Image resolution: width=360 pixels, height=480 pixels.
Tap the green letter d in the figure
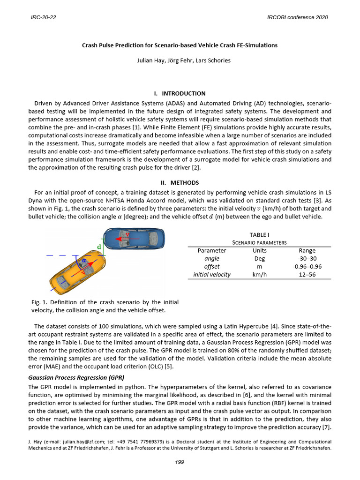point(99,247)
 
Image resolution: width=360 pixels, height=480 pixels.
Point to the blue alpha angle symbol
point(84,260)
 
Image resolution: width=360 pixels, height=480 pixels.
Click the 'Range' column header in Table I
point(307,250)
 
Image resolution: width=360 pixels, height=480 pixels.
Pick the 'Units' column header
point(259,250)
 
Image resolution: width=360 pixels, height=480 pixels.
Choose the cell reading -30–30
point(307,258)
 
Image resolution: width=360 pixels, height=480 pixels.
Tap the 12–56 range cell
point(307,274)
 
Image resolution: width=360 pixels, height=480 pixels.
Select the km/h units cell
point(259,274)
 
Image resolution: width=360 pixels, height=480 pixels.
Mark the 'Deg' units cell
point(259,258)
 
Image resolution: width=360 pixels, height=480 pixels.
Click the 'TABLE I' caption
point(259,234)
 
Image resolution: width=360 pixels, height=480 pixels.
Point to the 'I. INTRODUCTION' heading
point(180,93)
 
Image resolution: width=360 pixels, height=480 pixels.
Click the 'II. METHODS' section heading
point(180,182)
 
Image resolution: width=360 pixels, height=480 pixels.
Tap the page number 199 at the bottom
point(180,462)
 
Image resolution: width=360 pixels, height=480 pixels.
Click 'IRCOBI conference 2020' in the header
point(297,17)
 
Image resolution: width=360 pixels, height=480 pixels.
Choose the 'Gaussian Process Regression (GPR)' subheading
point(77,377)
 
